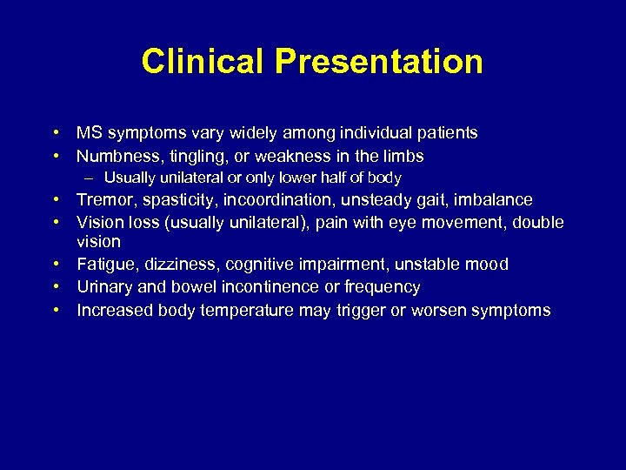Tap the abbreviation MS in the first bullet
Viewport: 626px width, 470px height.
88,133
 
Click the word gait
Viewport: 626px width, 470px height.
411,200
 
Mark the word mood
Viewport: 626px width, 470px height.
489,265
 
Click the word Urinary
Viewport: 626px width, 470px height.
104,287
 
